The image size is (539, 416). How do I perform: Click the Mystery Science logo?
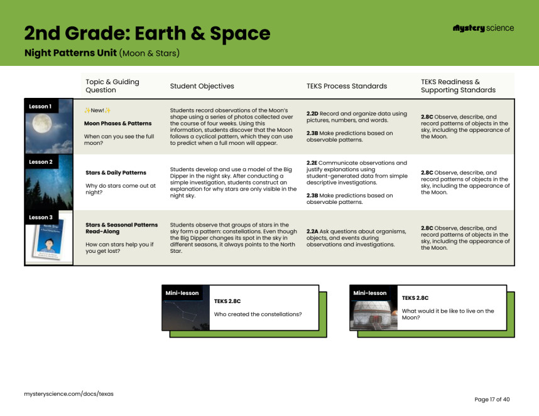coord(482,28)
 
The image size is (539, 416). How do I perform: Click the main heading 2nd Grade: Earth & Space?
coord(147,33)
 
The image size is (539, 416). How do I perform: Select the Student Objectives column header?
coord(202,86)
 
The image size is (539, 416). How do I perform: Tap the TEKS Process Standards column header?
coord(346,86)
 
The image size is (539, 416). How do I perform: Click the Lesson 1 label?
coord(40,106)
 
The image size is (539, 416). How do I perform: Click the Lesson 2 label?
coord(40,162)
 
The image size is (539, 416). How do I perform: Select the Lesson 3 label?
coord(40,217)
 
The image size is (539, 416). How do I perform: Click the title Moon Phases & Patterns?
coord(117,124)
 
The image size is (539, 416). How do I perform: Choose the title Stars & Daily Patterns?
coord(116,173)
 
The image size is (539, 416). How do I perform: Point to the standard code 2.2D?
coord(312,114)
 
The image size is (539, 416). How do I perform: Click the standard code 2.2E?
coord(312,163)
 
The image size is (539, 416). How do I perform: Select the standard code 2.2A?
coord(312,231)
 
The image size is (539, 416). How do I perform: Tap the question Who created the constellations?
coord(258,314)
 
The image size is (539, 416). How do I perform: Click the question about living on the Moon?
coord(447,314)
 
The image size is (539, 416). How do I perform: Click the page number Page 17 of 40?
coord(492,399)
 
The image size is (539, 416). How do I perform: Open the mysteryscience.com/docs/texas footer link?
coord(68,393)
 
